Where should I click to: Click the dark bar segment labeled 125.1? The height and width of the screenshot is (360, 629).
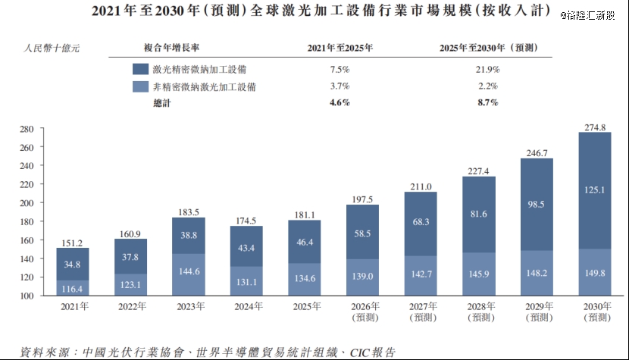595,190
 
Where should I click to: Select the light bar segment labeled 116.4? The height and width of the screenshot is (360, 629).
73,288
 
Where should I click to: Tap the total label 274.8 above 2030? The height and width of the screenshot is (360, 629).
595,127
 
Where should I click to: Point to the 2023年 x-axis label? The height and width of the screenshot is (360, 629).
189,307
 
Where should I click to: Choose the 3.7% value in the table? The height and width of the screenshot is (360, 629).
340,86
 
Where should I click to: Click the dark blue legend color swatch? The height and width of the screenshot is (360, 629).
139,69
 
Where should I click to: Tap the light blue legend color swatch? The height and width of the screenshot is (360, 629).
139,86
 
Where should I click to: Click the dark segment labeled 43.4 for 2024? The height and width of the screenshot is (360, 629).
247,246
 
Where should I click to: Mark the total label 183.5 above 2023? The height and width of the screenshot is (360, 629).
189,211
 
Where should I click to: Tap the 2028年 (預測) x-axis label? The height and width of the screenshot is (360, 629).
479,312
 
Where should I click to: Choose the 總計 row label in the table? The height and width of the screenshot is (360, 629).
162,102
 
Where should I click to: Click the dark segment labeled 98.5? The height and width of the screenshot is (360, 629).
537,205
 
